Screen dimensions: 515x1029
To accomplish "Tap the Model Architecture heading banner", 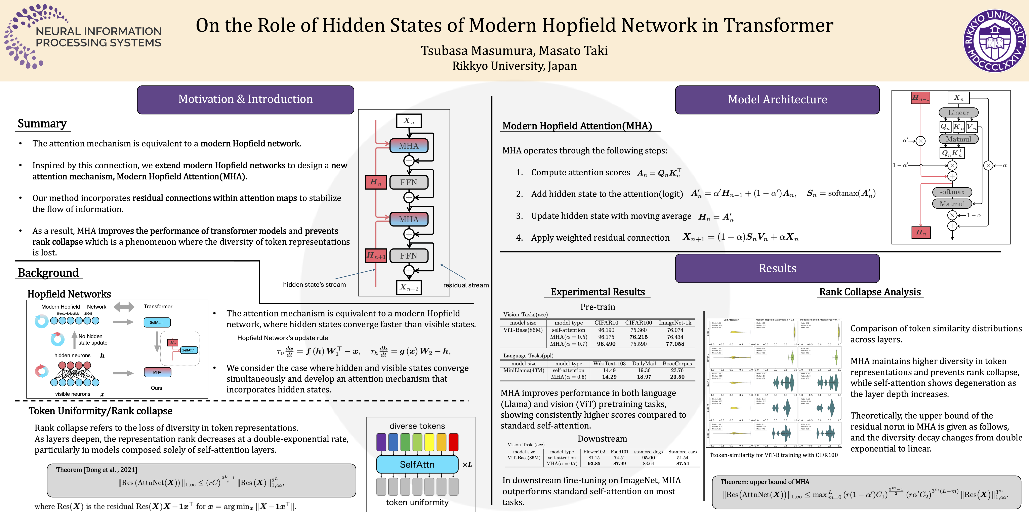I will pos(777,100).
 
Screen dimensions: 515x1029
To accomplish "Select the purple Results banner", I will pos(777,268).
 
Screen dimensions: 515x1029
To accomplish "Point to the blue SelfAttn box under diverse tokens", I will pos(417,464).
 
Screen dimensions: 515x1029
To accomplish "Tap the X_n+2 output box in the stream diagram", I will pos(409,287).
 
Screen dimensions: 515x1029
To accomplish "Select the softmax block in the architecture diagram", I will pos(952,192).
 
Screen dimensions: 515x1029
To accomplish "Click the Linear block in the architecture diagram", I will pos(958,113).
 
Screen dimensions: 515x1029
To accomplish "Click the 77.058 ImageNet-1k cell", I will pos(675,344).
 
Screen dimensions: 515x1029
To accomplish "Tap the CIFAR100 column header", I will pos(638,323).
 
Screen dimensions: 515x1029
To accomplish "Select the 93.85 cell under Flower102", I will pos(594,463).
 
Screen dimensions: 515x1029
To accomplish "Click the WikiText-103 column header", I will pos(609,364).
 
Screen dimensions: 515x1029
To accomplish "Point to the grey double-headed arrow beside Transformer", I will pos(124,307).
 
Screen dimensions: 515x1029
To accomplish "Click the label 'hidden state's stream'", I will pos(314,285).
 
